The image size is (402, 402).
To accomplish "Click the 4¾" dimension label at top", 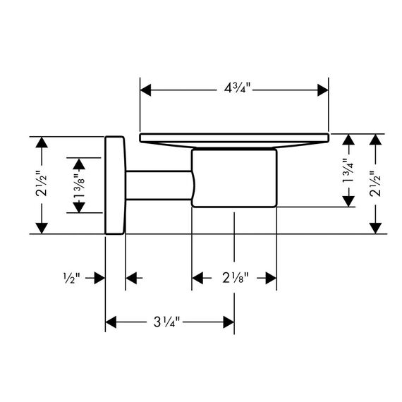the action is coord(237,89).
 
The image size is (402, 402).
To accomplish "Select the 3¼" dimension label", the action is coord(166,322).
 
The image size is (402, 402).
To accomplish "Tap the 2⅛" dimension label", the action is coord(236,278).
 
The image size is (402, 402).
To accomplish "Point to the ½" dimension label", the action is coord(71,278).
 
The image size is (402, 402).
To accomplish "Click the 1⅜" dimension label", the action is coord(79,185).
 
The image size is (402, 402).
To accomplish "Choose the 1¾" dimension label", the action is coord(348,170).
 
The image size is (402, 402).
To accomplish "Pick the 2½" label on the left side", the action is coord(42,184).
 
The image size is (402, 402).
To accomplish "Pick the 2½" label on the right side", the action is coord(375,184).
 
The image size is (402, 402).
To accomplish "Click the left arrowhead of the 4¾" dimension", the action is coord(145,90).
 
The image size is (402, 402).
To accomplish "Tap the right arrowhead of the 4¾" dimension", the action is coord(323,90).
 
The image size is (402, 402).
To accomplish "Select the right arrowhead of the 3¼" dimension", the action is coord(229,322).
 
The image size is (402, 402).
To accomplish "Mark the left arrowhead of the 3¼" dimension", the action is coord(111,322).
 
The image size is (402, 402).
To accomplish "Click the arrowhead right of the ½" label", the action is coord(99,278).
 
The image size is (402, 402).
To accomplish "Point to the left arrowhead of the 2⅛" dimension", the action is coord(197,278).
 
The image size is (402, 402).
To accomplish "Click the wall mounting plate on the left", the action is coord(115,185).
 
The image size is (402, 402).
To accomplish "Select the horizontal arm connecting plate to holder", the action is coord(159,185).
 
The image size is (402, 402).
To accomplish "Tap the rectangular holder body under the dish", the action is coord(234,178).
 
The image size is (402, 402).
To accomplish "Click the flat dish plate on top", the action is coord(234,139).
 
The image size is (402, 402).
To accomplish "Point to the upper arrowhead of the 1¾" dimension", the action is coord(348,140).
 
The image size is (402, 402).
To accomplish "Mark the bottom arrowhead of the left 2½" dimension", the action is coord(42,229).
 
